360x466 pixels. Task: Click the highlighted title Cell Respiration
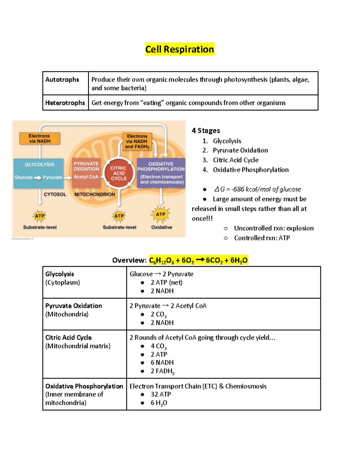coord(179,49)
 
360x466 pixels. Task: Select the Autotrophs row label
coord(62,80)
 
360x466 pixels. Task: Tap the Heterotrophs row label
coord(65,103)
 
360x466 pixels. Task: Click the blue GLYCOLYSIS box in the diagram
coord(39,173)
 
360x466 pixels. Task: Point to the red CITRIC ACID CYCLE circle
coord(119,173)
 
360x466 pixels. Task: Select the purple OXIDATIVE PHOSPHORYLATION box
coord(161,173)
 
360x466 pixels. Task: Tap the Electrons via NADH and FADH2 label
coord(137,141)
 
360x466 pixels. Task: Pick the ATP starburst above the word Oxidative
coord(160,214)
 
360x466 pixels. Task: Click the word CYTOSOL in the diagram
coord(55,194)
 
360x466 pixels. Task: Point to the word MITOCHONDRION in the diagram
coord(94,194)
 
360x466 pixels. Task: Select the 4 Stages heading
coord(206,131)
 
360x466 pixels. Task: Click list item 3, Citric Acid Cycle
coord(235,160)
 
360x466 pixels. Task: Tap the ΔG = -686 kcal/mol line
coord(257,189)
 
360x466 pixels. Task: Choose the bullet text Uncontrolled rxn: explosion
coord(274,228)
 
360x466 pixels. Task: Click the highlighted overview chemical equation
coord(198,260)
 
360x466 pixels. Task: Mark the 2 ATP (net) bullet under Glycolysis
coord(166,282)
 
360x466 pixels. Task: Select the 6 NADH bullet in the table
coord(162,362)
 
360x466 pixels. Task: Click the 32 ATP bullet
coord(161,394)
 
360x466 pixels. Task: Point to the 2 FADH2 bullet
coord(162,371)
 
